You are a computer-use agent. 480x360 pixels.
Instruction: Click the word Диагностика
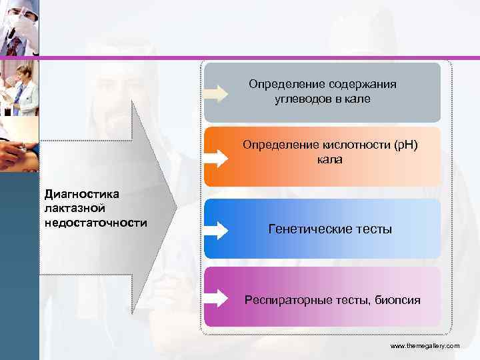click(81, 194)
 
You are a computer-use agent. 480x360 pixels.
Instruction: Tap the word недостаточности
click(95, 221)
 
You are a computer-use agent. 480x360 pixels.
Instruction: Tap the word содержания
click(363, 85)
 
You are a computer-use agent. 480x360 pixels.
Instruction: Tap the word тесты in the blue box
click(374, 229)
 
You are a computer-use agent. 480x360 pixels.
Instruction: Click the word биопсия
click(397, 300)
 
